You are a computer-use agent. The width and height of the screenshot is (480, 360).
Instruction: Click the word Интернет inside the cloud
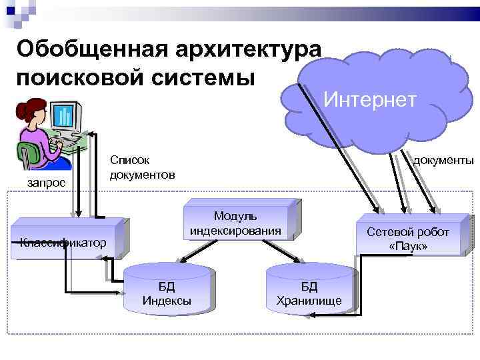coord(370,99)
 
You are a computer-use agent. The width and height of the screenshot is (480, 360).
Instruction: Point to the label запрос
coord(46,182)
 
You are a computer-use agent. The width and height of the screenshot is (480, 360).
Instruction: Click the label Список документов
coord(142,167)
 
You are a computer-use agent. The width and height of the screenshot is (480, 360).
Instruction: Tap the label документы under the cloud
coord(443,160)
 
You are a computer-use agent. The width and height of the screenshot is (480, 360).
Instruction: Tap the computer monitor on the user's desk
coord(65,117)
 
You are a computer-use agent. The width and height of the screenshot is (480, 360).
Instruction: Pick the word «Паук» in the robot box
coord(408,247)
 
